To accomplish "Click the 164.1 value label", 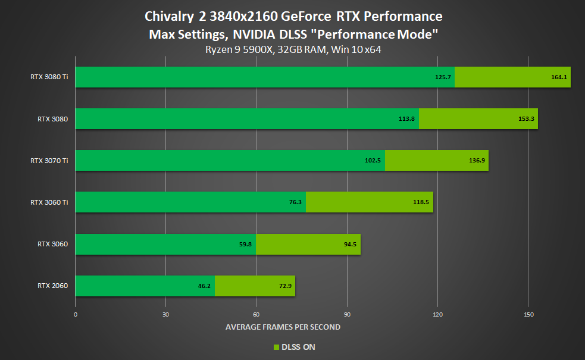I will point(558,77).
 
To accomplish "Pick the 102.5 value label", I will point(373,160).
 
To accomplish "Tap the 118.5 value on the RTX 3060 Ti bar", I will point(420,202).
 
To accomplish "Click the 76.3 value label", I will point(296,202).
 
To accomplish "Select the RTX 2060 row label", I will point(52,286).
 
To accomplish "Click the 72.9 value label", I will point(285,286).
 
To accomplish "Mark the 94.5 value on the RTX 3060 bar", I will point(350,244).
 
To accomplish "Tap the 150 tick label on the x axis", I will point(528,314).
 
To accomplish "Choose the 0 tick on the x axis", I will point(76,314).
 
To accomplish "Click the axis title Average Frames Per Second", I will point(283,327).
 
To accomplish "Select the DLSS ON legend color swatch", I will point(276,347).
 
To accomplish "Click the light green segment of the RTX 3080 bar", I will point(478,118).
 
